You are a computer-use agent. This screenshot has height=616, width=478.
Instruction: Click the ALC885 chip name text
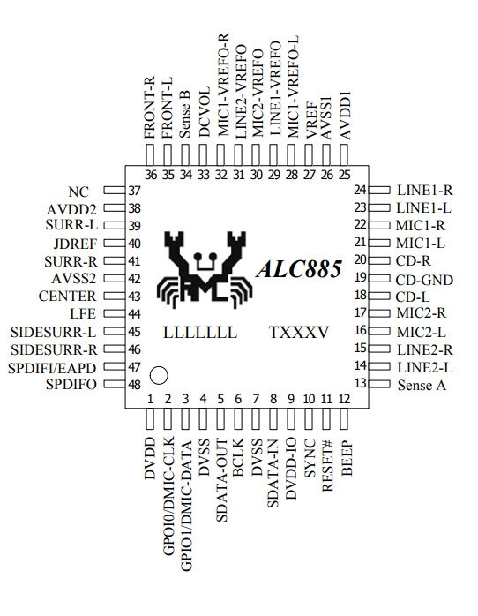tap(299, 269)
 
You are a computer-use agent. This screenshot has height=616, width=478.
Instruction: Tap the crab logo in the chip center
tap(204, 270)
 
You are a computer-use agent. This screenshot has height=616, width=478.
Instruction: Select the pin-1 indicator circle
tap(159, 375)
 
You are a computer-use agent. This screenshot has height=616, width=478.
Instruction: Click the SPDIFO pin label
tap(71, 384)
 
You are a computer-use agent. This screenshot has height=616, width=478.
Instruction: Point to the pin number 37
tap(134, 191)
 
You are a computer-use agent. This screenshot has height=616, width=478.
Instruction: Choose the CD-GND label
tap(424, 280)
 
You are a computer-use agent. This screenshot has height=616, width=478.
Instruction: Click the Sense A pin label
tap(422, 385)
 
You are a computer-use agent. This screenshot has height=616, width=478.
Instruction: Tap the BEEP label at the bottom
tap(347, 459)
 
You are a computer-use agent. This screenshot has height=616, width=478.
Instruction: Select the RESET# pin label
tap(327, 466)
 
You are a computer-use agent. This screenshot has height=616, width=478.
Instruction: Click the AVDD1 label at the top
tap(345, 116)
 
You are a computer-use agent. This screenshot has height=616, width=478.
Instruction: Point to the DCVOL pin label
tap(205, 112)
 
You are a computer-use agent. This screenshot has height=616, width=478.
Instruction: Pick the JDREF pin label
tap(75, 244)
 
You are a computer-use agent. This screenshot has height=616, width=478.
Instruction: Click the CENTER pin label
tap(67, 296)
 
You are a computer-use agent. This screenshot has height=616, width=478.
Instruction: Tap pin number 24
tap(360, 190)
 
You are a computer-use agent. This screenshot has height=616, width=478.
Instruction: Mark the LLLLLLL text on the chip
tap(200, 333)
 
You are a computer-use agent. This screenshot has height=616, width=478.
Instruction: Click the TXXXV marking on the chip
tap(299, 333)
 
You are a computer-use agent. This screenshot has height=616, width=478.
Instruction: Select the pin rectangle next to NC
tap(114, 190)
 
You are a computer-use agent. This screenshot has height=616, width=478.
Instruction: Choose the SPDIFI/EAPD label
tap(52, 368)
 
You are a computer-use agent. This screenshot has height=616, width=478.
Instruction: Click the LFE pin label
tap(83, 313)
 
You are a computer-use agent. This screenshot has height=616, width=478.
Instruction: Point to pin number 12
tap(344, 399)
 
